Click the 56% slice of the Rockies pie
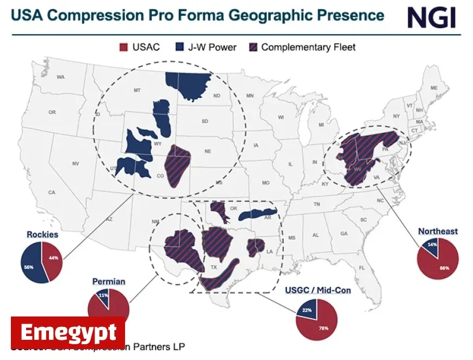(30, 263)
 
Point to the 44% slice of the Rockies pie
(53, 259)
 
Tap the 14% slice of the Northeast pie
(431, 246)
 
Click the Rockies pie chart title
(42, 234)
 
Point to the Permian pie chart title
(109, 281)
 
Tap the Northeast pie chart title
(438, 231)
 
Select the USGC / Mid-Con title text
(318, 290)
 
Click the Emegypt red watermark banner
(68, 332)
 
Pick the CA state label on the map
(52, 193)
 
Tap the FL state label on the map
(362, 268)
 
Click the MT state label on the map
(137, 90)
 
